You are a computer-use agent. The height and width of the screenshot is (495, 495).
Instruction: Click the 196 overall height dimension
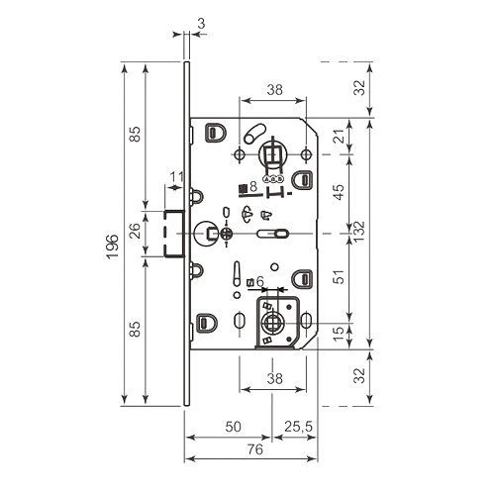pyautogui.click(x=113, y=247)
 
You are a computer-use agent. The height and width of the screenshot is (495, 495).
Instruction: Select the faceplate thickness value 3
pyautogui.click(x=201, y=24)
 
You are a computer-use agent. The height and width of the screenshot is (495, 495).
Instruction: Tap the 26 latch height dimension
pyautogui.click(x=136, y=231)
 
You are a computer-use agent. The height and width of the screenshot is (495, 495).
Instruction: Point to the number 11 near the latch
pyautogui.click(x=177, y=177)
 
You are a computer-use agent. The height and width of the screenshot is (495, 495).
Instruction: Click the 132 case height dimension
pyautogui.click(x=359, y=232)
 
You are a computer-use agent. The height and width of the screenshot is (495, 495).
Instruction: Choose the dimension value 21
pyautogui.click(x=339, y=136)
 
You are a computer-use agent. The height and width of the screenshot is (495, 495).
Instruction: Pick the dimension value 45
pyautogui.click(x=339, y=192)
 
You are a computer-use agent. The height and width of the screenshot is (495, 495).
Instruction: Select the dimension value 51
pyautogui.click(x=339, y=277)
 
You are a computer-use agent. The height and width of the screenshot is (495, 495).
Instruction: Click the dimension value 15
pyautogui.click(x=339, y=334)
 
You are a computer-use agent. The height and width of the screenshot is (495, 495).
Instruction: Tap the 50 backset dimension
pyautogui.click(x=234, y=427)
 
